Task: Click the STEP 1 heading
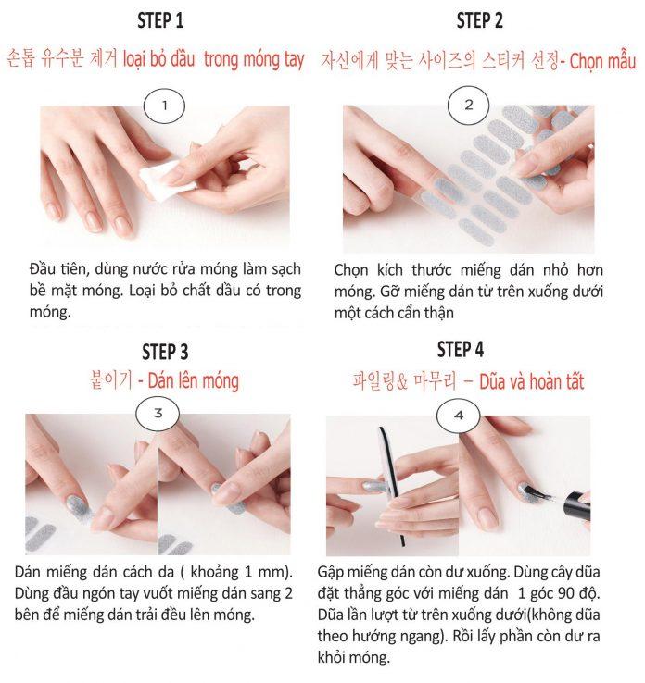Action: [159, 21]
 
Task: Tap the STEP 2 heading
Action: [479, 21]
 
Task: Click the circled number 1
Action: [165, 105]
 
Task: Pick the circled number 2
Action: [468, 105]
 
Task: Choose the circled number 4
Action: [459, 415]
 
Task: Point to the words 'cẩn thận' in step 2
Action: [424, 313]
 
